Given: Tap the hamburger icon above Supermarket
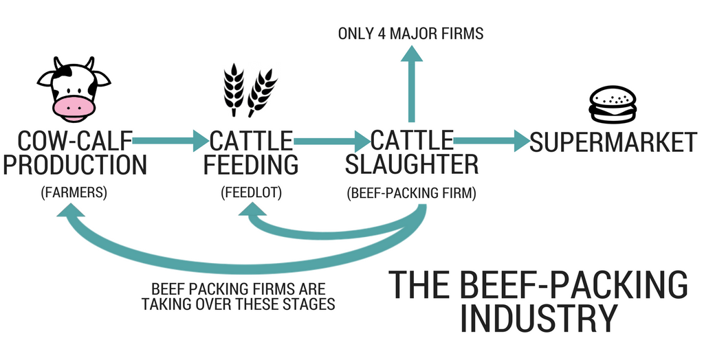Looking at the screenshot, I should click(613, 105).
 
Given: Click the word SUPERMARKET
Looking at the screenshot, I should click(613, 142).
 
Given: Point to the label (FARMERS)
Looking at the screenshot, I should click(74, 193).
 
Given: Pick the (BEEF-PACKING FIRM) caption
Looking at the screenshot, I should click(411, 193).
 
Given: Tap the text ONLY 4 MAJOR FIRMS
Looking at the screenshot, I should click(410, 33).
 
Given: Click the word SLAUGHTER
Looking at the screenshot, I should click(411, 165).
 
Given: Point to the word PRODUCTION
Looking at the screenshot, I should click(74, 165).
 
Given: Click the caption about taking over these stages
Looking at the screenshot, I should click(238, 296).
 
